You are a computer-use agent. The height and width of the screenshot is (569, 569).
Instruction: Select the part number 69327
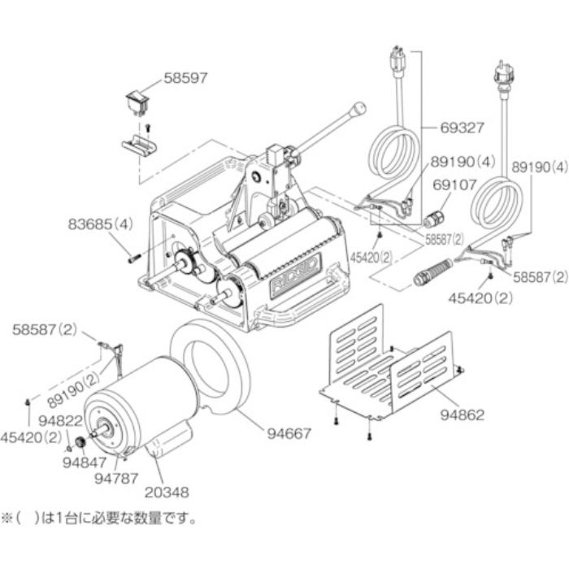[x=462, y=128]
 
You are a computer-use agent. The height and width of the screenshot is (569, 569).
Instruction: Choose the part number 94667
[x=288, y=433]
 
